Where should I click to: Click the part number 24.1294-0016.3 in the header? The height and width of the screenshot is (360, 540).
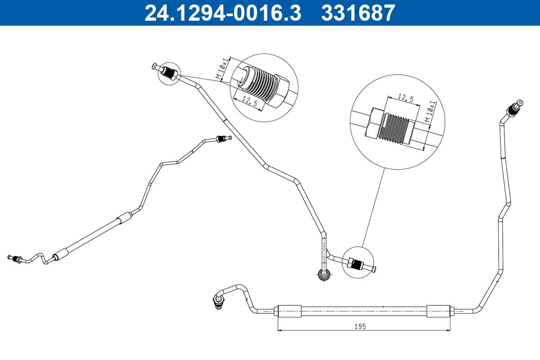click(x=222, y=13)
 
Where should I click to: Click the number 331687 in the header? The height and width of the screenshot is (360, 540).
click(x=358, y=13)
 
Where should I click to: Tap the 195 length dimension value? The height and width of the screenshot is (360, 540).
click(x=360, y=327)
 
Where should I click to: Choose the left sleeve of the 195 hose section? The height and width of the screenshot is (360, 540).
click(x=289, y=310)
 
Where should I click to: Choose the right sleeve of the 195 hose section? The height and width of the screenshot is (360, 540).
click(x=438, y=310)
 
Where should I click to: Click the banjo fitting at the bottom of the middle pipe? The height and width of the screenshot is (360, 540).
click(x=323, y=274)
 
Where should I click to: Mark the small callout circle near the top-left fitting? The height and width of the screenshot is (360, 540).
click(x=169, y=73)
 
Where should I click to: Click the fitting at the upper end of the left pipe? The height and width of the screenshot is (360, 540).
click(x=222, y=139)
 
